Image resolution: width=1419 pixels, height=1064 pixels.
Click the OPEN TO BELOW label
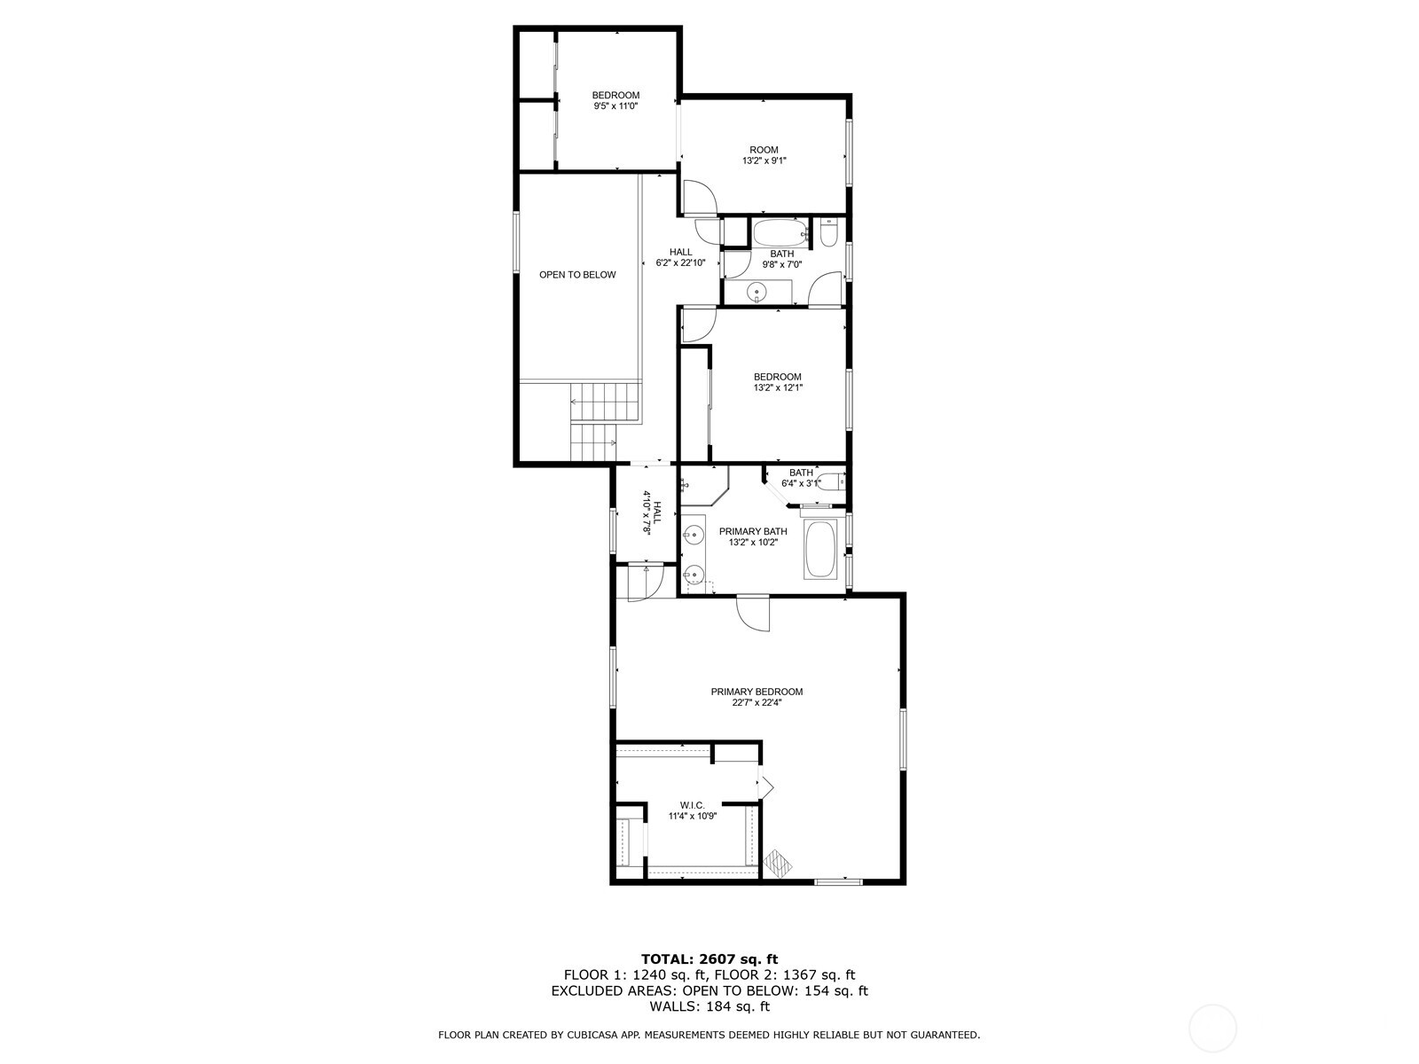point(577,275)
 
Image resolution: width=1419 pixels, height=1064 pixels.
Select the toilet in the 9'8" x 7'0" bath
point(829,234)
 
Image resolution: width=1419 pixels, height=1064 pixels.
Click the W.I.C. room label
point(693,805)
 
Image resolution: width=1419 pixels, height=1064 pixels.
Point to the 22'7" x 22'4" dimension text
point(757,702)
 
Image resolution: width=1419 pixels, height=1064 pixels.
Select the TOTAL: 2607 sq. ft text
point(709,958)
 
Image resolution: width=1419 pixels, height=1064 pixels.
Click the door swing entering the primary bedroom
point(755,613)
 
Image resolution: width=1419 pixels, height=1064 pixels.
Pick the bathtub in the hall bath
point(780,234)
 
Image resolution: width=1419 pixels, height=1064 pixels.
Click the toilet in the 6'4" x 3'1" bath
point(830,482)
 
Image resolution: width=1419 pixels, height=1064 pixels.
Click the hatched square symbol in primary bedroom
point(778,861)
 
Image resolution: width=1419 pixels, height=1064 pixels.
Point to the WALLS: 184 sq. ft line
point(709,1006)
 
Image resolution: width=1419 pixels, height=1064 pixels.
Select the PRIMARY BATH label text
point(753,531)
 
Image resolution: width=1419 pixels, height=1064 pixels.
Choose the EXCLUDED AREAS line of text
point(709,990)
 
